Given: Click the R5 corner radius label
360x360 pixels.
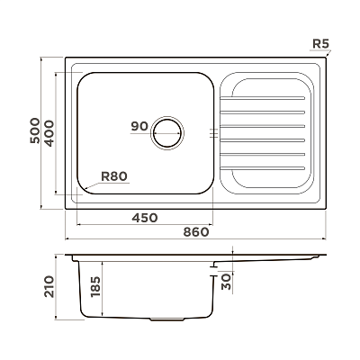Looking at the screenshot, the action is (x=320, y=44).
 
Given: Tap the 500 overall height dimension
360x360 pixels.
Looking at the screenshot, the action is (x=35, y=130).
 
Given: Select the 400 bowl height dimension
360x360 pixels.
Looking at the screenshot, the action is (x=49, y=133).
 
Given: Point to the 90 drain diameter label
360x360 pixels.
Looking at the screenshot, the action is (x=139, y=126).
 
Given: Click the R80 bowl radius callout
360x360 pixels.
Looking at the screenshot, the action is (x=114, y=176).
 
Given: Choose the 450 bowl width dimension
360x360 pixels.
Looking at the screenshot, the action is (x=145, y=218).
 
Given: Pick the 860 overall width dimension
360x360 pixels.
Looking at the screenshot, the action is (x=195, y=232).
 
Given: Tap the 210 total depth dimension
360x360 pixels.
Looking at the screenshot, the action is (x=49, y=286).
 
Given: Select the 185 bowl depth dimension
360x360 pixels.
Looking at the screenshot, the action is (x=95, y=286).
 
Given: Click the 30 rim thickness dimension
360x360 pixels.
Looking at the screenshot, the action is (x=227, y=281).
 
